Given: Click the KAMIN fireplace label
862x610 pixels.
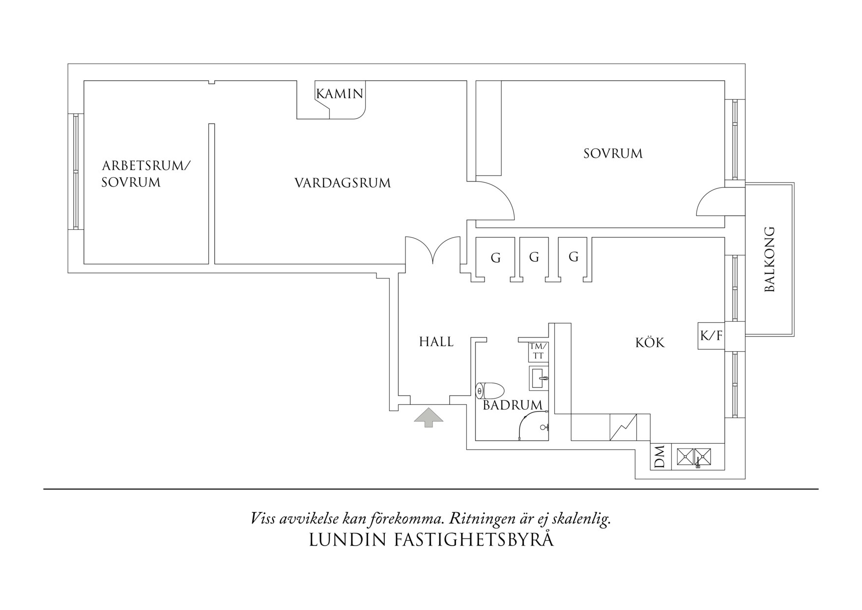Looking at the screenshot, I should pyautogui.click(x=340, y=93).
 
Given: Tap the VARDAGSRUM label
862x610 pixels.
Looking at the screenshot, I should pyautogui.click(x=343, y=183).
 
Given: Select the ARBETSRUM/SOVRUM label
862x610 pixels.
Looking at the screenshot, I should pyautogui.click(x=145, y=174).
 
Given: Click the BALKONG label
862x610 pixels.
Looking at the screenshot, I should pyautogui.click(x=769, y=259).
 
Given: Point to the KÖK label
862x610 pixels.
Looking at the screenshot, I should pyautogui.click(x=650, y=342).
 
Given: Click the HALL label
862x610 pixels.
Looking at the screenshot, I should pyautogui.click(x=436, y=341).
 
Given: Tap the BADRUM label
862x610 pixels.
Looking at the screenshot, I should pyautogui.click(x=513, y=405).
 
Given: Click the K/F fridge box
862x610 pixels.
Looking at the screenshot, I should pyautogui.click(x=711, y=336).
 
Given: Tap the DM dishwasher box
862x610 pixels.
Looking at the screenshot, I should pyautogui.click(x=660, y=457).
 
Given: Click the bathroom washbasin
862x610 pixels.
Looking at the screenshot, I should pyautogui.click(x=539, y=378).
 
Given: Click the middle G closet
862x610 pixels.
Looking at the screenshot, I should pyautogui.click(x=534, y=257).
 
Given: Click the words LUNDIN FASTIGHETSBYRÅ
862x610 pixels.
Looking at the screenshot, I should pyautogui.click(x=431, y=540).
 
